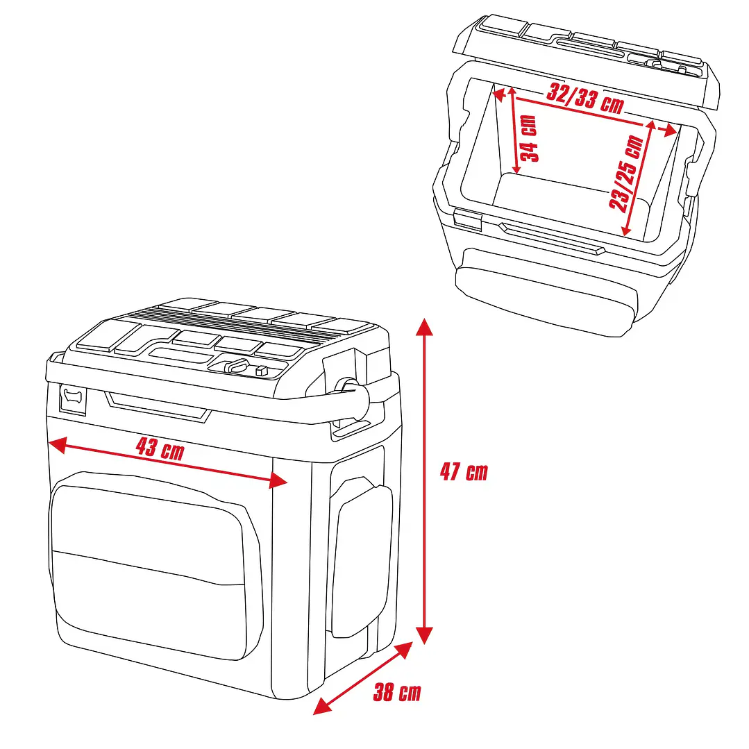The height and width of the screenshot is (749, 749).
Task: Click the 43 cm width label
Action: click(x=160, y=449)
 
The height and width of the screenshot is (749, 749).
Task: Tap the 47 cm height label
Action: click(x=464, y=473)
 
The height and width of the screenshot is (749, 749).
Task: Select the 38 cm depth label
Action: click(x=397, y=693)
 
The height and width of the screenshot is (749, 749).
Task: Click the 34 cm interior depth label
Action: click(x=530, y=138)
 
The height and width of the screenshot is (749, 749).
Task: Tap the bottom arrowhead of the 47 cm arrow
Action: click(x=425, y=635)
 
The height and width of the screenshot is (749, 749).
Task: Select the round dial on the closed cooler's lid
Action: click(x=235, y=367)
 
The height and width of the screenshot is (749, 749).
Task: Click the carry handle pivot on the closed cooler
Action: click(x=346, y=387)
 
